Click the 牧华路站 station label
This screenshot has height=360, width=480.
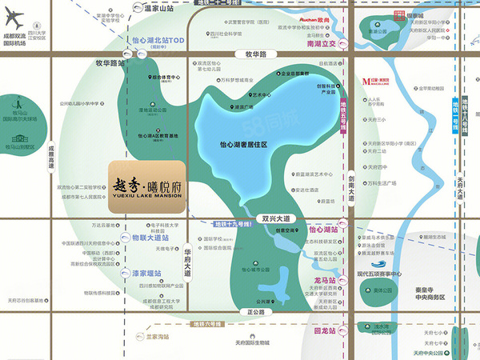106,62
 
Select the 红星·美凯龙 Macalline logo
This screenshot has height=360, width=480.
376,82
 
